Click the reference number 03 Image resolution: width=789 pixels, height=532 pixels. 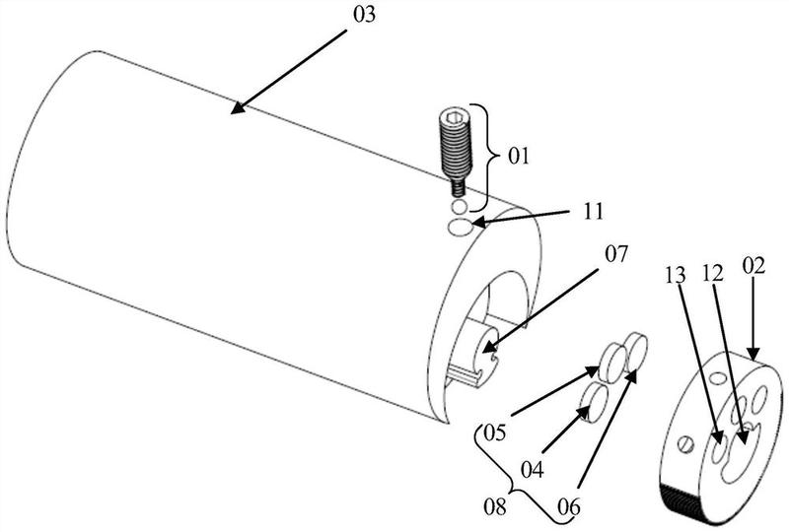click(364, 15)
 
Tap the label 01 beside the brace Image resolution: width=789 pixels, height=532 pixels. click(519, 157)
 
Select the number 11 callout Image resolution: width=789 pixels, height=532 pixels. click(594, 212)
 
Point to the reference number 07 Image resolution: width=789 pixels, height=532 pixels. click(616, 254)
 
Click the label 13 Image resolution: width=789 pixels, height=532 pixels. click(676, 275)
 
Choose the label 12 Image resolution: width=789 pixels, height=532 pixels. click(712, 273)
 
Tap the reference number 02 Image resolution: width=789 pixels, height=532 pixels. click(753, 265)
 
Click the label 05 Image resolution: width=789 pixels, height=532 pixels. click(494, 432)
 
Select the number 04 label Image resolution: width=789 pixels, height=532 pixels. click(532, 470)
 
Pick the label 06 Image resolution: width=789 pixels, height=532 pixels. click(569, 506)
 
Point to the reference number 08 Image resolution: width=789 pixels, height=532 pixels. click(495, 506)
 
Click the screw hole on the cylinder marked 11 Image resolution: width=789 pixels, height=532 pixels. click(460, 228)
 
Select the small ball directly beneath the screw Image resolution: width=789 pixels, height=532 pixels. click(459, 206)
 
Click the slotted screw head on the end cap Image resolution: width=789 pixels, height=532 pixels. click(686, 444)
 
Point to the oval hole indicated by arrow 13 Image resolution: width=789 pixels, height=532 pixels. click(719, 445)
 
